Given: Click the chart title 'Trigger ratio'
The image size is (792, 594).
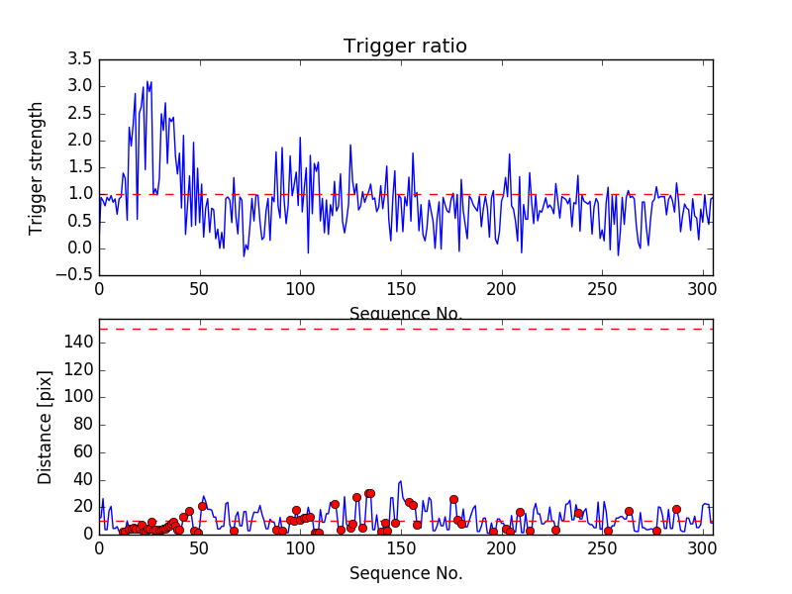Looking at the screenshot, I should (x=405, y=47).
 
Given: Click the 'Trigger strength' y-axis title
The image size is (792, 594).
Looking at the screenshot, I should (x=37, y=167).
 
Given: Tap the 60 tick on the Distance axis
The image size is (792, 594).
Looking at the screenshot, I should (x=79, y=451).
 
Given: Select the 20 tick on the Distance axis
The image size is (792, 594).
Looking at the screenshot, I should (x=79, y=506).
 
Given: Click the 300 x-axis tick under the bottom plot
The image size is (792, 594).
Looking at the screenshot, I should (x=702, y=548).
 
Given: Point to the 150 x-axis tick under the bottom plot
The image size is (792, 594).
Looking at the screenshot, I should (x=400, y=548).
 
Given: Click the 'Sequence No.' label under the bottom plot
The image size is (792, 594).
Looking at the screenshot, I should (x=405, y=573).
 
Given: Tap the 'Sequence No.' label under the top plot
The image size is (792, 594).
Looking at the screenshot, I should (x=405, y=315).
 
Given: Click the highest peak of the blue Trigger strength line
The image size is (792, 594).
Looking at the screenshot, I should (x=148, y=81).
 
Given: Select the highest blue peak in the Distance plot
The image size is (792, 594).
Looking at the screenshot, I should (x=401, y=481).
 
